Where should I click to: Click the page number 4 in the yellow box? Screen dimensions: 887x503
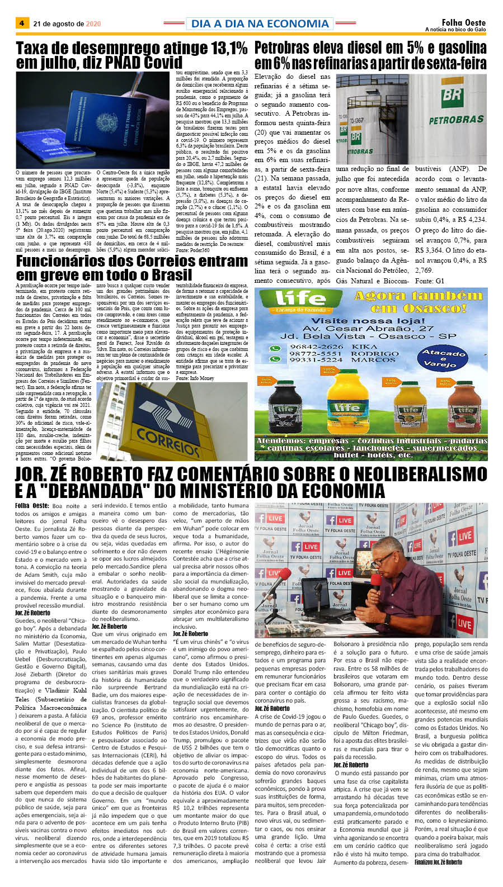tap(22, 23)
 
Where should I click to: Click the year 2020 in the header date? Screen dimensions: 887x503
tap(93, 24)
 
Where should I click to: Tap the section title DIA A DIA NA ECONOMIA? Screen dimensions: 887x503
tap(260, 23)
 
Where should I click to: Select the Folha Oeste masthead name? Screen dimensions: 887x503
tap(463, 22)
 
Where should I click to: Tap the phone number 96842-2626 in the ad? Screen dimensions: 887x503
tap(317, 347)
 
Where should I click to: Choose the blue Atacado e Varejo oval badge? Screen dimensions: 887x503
tap(444, 358)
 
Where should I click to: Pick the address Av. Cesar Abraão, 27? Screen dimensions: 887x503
tap(372, 329)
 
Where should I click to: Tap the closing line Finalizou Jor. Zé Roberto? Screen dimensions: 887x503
tap(439, 862)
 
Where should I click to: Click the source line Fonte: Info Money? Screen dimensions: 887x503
tap(195, 378)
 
